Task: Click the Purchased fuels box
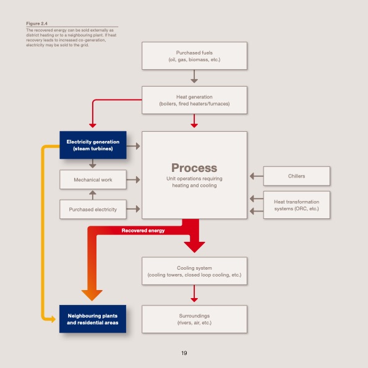click(x=194, y=56)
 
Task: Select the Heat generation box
click(x=194, y=100)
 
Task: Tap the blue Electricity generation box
click(x=93, y=145)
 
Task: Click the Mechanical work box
click(x=93, y=179)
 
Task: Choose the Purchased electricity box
click(x=93, y=210)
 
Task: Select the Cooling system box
click(x=194, y=271)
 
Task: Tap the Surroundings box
click(x=194, y=319)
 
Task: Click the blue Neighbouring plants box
click(x=93, y=319)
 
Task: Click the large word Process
click(x=194, y=168)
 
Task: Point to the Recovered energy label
click(x=143, y=231)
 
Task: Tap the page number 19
click(x=184, y=353)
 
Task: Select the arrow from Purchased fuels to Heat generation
click(x=194, y=77)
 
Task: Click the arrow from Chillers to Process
click(x=256, y=176)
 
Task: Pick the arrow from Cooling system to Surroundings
click(x=194, y=293)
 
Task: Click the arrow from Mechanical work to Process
click(x=134, y=179)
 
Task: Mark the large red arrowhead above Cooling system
click(x=194, y=246)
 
